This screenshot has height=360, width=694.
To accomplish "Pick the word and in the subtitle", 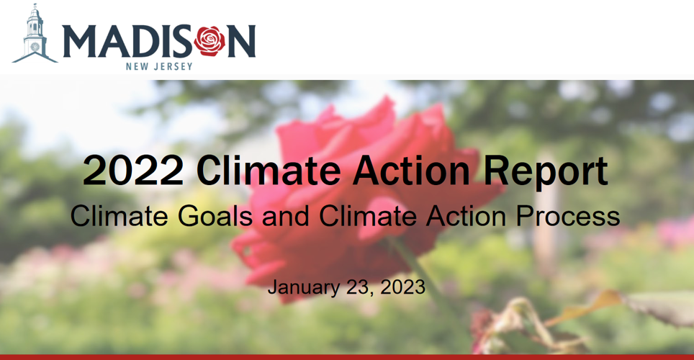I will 284,216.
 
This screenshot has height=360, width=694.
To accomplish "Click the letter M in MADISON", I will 78,41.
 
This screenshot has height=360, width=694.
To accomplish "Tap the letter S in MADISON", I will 182,41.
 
